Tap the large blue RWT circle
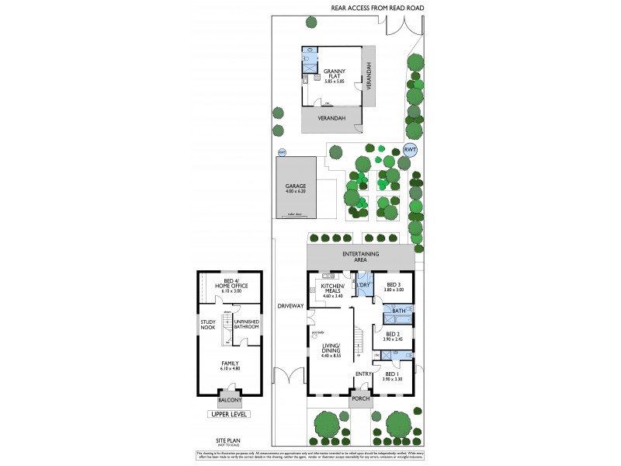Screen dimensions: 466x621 point(411,150)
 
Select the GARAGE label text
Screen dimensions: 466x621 point(295,187)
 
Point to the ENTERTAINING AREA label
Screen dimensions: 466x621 point(360,258)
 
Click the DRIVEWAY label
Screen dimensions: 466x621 point(290,306)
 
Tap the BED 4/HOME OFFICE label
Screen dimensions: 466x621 point(229,283)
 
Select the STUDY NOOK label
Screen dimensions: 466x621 point(208,325)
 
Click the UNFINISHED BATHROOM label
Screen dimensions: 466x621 point(246,325)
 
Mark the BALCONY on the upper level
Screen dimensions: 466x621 point(229,401)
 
